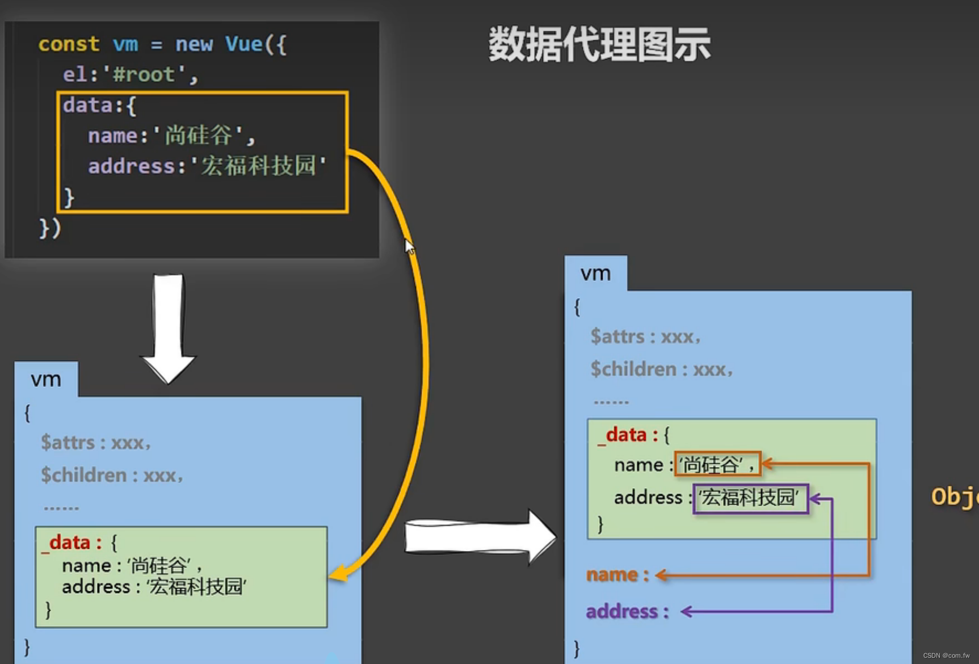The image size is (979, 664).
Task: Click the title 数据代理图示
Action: [x=599, y=44]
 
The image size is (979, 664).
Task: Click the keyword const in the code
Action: [x=69, y=44]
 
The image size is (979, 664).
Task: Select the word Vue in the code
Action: [x=244, y=44]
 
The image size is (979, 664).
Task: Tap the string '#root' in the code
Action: [x=144, y=74]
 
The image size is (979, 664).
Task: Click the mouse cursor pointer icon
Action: [x=409, y=247]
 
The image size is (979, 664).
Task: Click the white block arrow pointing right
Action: [x=480, y=537]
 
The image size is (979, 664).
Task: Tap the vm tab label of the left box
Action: [x=46, y=379]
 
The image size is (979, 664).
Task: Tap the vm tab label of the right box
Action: [x=595, y=274]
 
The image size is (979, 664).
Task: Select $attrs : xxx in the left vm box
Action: [x=95, y=443]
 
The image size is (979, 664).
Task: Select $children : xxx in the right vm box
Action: [x=661, y=369]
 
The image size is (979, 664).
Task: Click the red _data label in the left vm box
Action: [x=69, y=543]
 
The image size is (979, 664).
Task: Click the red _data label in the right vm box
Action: [x=625, y=435]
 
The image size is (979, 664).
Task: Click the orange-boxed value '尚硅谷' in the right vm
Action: [x=717, y=465]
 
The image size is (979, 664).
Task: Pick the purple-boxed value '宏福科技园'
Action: [x=750, y=498]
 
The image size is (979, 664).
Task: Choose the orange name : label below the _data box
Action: [x=617, y=574]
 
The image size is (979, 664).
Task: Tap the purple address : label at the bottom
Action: [x=627, y=611]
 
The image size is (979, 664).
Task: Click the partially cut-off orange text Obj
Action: [x=955, y=497]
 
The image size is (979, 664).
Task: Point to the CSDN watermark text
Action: [x=946, y=655]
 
